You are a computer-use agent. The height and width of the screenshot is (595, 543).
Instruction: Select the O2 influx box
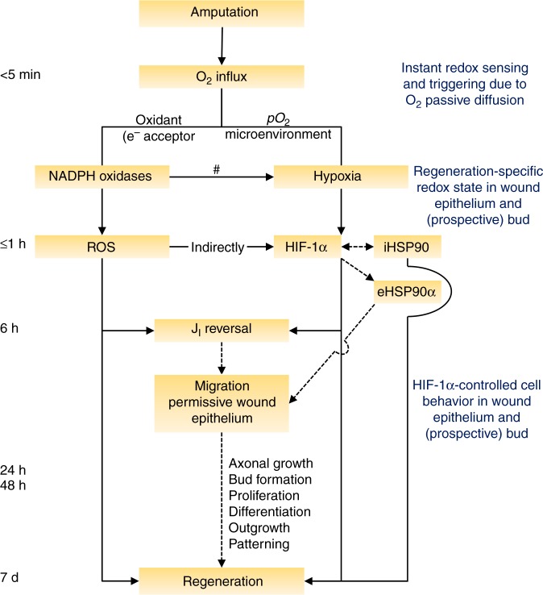point(221,77)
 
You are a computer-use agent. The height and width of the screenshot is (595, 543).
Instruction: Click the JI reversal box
point(221,331)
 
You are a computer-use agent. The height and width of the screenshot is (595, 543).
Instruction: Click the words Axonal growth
point(270,464)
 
